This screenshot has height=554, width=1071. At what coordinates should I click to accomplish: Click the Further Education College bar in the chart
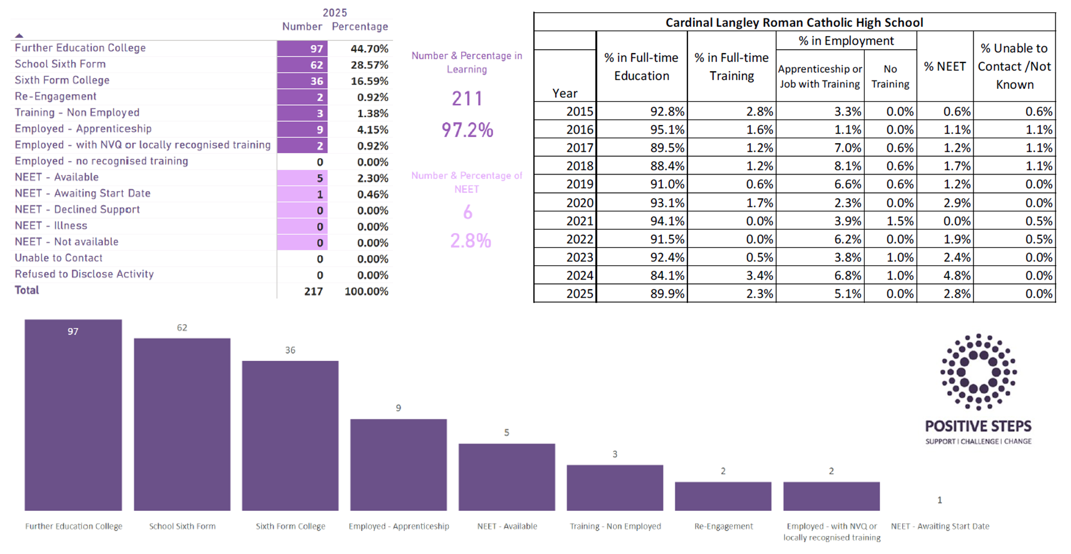(73, 415)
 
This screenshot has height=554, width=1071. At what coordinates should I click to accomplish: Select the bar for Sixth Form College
(290, 436)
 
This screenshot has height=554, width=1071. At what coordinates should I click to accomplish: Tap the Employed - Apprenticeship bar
(398, 465)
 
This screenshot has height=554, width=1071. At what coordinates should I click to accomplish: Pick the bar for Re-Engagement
(723, 496)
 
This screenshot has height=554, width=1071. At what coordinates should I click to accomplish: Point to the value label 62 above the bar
(182, 328)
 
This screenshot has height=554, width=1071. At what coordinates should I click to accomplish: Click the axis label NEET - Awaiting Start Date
(940, 526)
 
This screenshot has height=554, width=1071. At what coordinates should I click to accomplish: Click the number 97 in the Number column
(316, 49)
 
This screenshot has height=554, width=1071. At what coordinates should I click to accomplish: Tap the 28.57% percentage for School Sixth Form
(369, 65)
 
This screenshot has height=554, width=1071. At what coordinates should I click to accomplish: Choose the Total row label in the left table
(27, 290)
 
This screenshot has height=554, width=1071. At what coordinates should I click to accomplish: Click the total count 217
(314, 291)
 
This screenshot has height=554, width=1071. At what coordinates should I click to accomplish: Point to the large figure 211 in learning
(467, 99)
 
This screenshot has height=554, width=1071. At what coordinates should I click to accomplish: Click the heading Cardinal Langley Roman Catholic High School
(794, 22)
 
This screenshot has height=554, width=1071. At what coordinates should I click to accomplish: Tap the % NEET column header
(945, 66)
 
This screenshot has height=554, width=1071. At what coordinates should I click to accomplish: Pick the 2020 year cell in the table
(580, 203)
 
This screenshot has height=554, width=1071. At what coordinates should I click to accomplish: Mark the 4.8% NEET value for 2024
(957, 275)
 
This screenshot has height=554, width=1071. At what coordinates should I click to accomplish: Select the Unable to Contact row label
(59, 258)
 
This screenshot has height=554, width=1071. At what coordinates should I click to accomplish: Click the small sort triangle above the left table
(19, 36)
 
